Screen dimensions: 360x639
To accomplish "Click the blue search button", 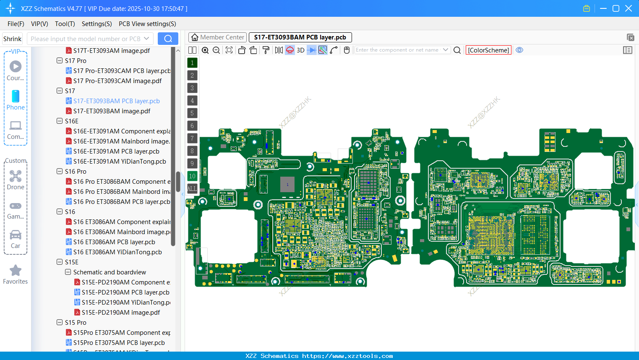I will coord(168,39).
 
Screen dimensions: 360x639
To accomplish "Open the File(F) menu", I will coord(16,24).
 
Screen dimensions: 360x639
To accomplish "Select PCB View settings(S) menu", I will coord(147,24).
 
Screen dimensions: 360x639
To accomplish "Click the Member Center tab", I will coord(218,37).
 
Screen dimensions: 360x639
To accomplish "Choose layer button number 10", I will coord(192,176).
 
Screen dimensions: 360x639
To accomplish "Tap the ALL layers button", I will coord(192,189).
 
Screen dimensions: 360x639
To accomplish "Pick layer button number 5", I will coord(192,113).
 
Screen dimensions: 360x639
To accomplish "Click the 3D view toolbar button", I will coord(300,50).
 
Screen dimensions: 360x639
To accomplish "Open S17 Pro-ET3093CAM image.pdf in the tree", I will coord(117,81).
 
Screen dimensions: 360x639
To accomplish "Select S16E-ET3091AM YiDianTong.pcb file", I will coord(120,162).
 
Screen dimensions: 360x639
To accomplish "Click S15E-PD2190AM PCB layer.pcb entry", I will coord(125,292).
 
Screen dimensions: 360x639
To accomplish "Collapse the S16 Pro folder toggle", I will coord(60,172).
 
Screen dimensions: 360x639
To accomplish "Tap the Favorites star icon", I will coord(16,271).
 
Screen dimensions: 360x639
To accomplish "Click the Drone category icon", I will coord(16,176).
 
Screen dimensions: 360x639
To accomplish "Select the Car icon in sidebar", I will coord(16,235).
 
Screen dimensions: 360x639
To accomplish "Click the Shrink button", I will coord(12,39).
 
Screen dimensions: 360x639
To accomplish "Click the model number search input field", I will coord(86,39).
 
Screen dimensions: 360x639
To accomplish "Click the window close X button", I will coord(629,8).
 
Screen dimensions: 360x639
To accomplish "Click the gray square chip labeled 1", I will coord(287,185).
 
